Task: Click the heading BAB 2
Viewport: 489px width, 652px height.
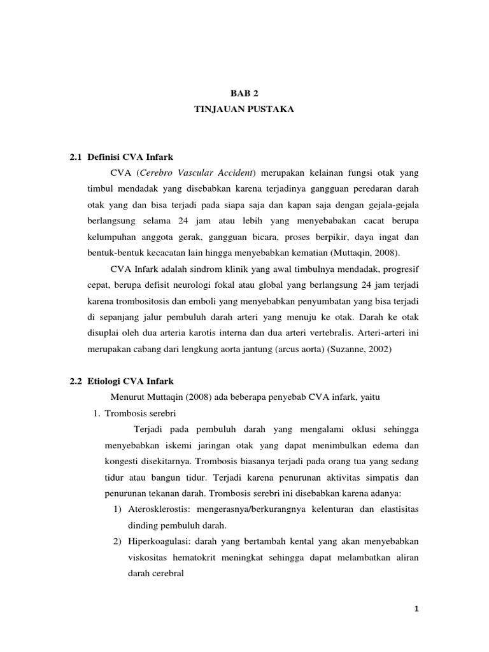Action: [244, 93]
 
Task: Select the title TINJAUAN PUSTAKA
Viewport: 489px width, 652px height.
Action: [244, 110]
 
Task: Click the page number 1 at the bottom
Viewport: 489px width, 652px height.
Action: [416, 609]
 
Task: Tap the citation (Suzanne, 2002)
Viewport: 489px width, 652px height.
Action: [377, 350]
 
